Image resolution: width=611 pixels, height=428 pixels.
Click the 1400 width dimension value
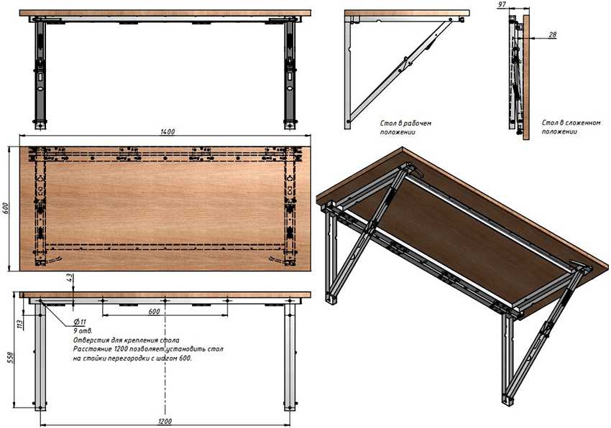[167, 131]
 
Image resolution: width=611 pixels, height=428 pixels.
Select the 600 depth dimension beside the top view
[6, 208]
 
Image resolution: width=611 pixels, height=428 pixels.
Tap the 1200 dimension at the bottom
[165, 421]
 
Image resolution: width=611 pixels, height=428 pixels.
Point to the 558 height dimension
[11, 358]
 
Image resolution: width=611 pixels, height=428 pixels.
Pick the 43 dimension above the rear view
[69, 278]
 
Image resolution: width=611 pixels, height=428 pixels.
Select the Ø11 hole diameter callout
[81, 322]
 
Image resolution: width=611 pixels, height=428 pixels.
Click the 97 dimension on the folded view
[502, 5]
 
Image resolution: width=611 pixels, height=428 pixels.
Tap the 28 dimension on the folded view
[552, 34]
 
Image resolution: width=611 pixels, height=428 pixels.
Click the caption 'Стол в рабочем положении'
[405, 127]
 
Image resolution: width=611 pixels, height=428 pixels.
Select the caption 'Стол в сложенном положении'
[571, 127]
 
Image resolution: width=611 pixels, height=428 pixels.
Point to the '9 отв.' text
[83, 330]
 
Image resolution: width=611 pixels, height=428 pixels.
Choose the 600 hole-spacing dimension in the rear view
[154, 312]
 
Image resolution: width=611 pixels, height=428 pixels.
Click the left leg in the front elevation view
[40, 74]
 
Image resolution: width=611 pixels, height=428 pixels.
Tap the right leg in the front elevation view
[290, 74]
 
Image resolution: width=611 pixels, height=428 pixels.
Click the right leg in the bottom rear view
[290, 357]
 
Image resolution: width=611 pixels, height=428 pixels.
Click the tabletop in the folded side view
[526, 77]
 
